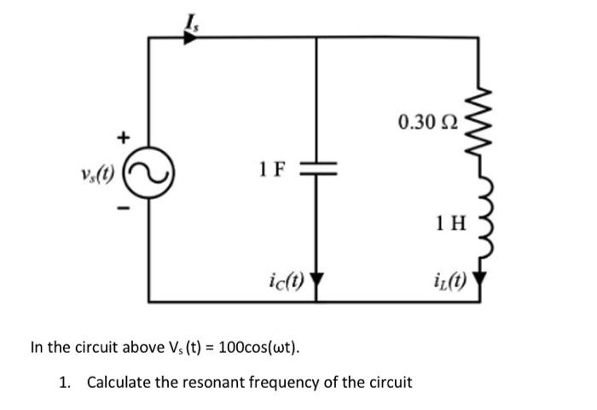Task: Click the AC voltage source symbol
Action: (x=150, y=175)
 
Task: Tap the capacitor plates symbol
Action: (x=317, y=170)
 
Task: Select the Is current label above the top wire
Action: (x=188, y=15)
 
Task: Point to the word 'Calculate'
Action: (x=118, y=382)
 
